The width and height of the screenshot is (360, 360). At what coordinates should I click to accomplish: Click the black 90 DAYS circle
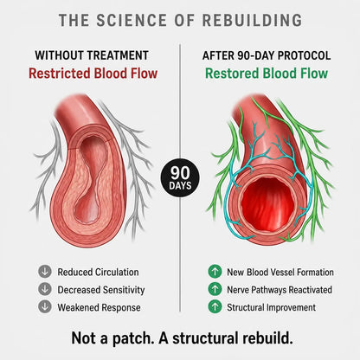pyautogui.click(x=180, y=177)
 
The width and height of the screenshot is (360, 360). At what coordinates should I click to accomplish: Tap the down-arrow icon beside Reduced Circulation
pyautogui.click(x=45, y=272)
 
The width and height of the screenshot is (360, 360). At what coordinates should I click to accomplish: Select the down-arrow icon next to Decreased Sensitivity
pyautogui.click(x=45, y=289)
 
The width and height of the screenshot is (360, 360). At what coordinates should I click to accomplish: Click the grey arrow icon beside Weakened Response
pyautogui.click(x=45, y=306)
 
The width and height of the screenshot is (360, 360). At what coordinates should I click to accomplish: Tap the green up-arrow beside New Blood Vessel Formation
pyautogui.click(x=215, y=272)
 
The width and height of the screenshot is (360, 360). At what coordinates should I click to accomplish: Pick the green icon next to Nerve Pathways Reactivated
pyautogui.click(x=215, y=289)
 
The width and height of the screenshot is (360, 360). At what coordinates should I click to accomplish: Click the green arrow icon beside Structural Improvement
pyautogui.click(x=215, y=306)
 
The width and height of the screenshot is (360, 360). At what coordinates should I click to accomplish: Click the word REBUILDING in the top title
pyautogui.click(x=252, y=20)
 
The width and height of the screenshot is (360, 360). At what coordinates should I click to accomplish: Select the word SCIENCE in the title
pyautogui.click(x=132, y=20)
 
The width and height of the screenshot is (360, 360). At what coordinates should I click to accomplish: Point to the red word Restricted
pyautogui.click(x=60, y=73)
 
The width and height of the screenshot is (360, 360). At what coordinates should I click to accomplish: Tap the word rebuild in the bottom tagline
pyautogui.click(x=266, y=337)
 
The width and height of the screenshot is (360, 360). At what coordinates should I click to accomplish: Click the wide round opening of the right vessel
pyautogui.click(x=267, y=201)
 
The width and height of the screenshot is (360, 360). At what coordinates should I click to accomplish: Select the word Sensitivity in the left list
pyautogui.click(x=124, y=290)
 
